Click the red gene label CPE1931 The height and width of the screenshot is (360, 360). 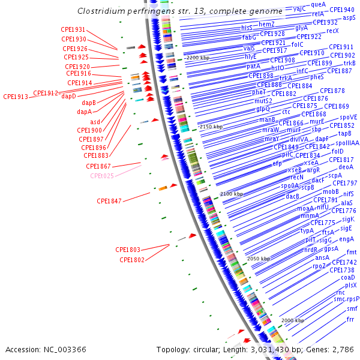pyautogui.click(x=73, y=29)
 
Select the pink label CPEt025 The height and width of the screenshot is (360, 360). pyautogui.click(x=102, y=176)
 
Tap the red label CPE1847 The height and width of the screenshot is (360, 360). pyautogui.click(x=109, y=201)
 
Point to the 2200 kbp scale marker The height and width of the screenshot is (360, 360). pyautogui.click(x=198, y=57)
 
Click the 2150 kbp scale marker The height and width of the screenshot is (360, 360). pyautogui.click(x=211, y=127)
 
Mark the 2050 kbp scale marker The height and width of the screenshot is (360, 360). pyautogui.click(x=259, y=258)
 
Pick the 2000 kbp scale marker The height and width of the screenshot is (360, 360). pyautogui.click(x=293, y=320)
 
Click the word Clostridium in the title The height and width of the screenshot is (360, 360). pyautogui.click(x=100, y=11)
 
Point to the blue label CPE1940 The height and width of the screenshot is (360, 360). pyautogui.click(x=341, y=10)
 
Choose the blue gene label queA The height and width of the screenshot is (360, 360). pyautogui.click(x=319, y=4)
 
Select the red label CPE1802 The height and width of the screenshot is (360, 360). pyautogui.click(x=132, y=260)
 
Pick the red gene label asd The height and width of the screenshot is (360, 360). pyautogui.click(x=95, y=122)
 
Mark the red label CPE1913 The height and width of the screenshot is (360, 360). pyautogui.click(x=16, y=97)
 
